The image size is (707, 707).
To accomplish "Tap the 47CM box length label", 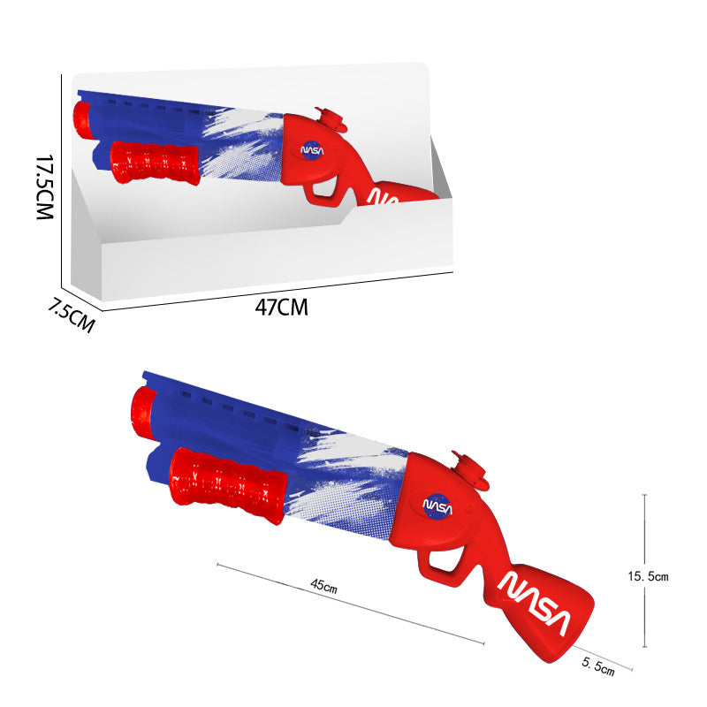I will [x=281, y=308].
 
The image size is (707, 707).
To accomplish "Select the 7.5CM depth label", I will [x=71, y=315].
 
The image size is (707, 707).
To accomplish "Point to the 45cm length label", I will [x=324, y=585].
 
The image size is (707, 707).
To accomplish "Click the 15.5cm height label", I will [x=648, y=576].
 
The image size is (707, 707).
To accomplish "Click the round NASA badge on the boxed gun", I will [x=314, y=149].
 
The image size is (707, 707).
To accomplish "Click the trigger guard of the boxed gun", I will [x=324, y=191].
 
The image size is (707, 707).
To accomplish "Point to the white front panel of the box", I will [x=274, y=252].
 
